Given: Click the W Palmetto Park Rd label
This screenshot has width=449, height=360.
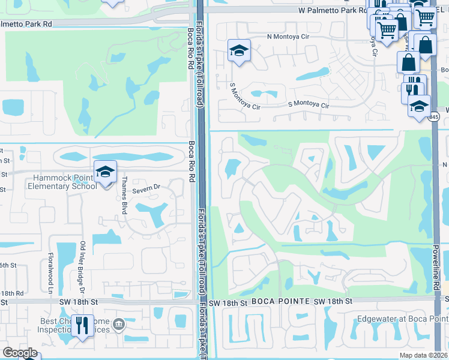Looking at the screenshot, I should pos(332,11).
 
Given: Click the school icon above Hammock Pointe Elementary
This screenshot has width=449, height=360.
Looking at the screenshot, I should pos(105,172).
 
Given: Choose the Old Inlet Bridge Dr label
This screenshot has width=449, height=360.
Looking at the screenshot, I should pos(82,265).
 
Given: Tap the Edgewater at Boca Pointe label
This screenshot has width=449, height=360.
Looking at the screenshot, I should pos(399,319).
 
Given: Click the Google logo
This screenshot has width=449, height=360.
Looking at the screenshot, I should pos(20,352).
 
